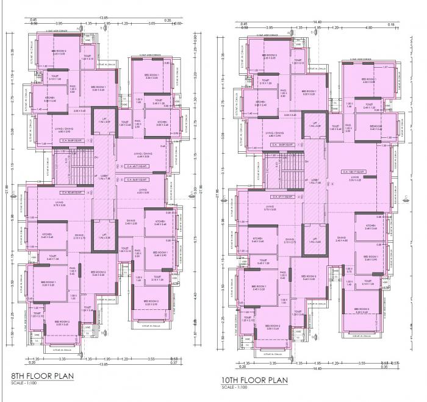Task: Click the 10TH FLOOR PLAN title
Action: pos(254,379)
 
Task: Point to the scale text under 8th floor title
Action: pos(24,383)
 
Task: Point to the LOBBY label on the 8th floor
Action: pos(103,176)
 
